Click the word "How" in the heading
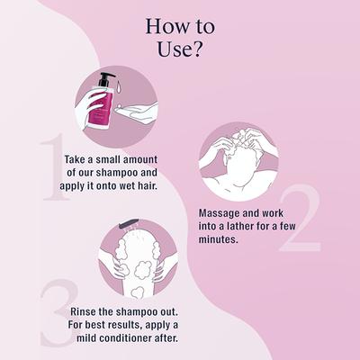pyautogui.click(x=164, y=24)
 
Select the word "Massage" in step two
pyautogui.click(x=221, y=212)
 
